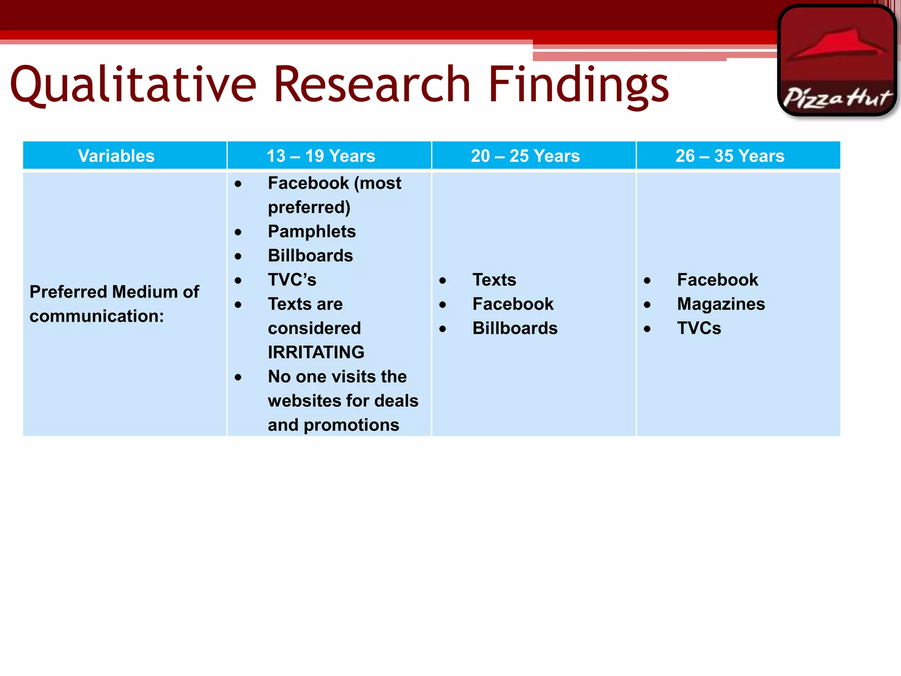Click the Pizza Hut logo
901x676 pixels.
coord(837,61)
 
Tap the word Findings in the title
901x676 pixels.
coord(578,84)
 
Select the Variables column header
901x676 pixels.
coord(116,156)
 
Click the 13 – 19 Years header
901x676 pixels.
coord(321,156)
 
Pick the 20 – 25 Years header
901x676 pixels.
coord(525,156)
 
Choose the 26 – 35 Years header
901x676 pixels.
coord(730,156)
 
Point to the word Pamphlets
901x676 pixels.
coord(311,231)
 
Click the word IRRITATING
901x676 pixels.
coord(316,352)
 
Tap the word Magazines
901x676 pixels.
coord(721,304)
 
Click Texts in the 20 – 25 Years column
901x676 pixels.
coord(494,280)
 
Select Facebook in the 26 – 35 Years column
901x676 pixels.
coord(717,280)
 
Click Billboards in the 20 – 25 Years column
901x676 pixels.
coord(515,328)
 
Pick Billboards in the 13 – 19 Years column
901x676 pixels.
coord(310,256)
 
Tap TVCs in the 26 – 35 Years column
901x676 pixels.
coord(699,328)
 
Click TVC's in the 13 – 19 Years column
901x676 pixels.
coord(292,280)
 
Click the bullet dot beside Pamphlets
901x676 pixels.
coord(238,232)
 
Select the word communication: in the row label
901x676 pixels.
coord(96,316)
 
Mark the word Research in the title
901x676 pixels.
coord(372,84)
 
